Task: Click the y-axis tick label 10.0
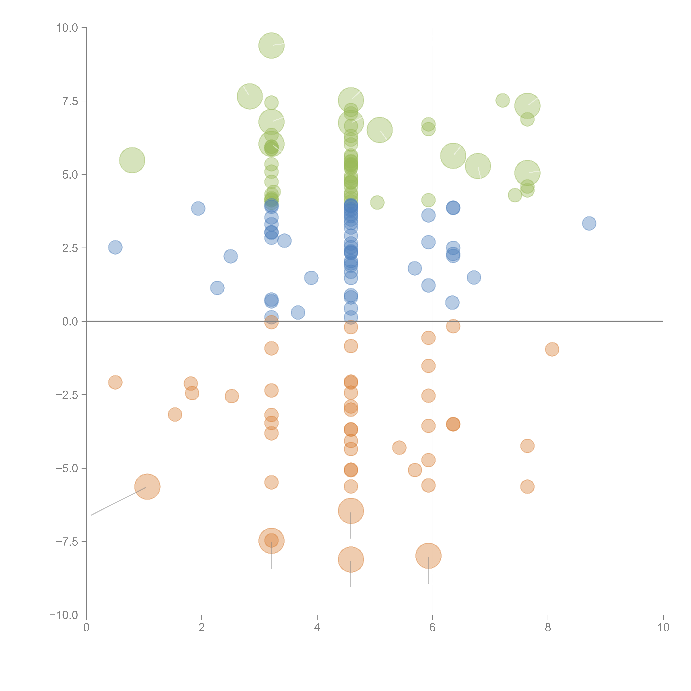click(x=67, y=28)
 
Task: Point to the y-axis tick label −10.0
click(x=64, y=615)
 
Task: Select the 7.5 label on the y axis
click(x=70, y=101)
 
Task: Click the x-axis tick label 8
click(x=548, y=628)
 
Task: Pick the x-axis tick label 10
click(x=663, y=628)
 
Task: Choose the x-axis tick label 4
click(x=317, y=628)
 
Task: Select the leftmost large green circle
click(x=132, y=160)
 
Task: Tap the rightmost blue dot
click(x=589, y=223)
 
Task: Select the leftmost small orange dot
click(x=115, y=382)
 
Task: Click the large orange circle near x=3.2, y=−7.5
click(x=271, y=541)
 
